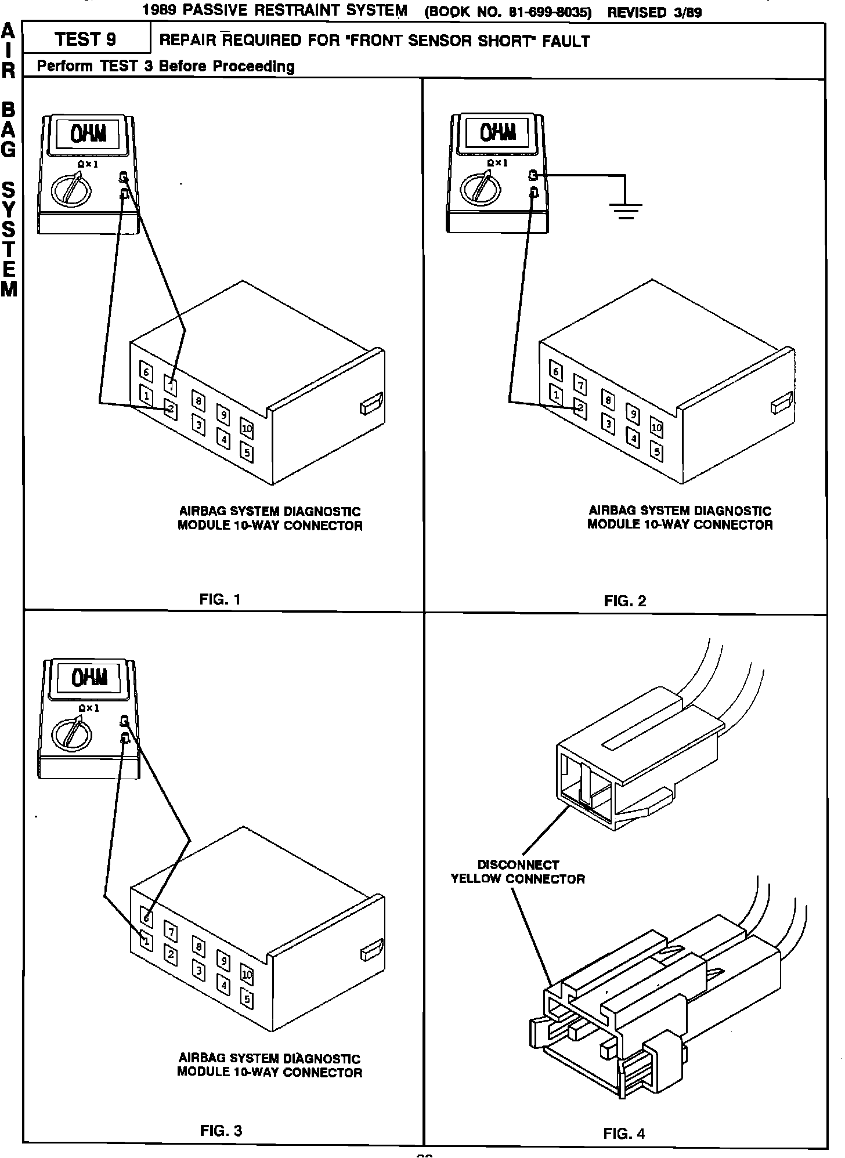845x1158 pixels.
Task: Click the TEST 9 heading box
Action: coord(86,39)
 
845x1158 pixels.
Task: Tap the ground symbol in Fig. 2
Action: coord(625,211)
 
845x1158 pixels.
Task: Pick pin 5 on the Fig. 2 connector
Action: coord(656,451)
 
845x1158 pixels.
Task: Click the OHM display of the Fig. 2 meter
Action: coord(498,133)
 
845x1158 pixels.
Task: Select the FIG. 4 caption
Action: coord(624,1133)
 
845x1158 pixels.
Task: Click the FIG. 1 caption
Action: coord(219,599)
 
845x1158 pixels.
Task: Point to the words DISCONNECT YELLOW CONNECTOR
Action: coord(518,871)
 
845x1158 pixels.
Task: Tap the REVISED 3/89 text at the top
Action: coord(654,12)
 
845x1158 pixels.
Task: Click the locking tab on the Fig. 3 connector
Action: coord(371,952)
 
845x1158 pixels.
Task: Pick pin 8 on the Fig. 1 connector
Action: coord(198,400)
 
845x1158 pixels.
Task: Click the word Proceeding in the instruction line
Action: coord(254,67)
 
